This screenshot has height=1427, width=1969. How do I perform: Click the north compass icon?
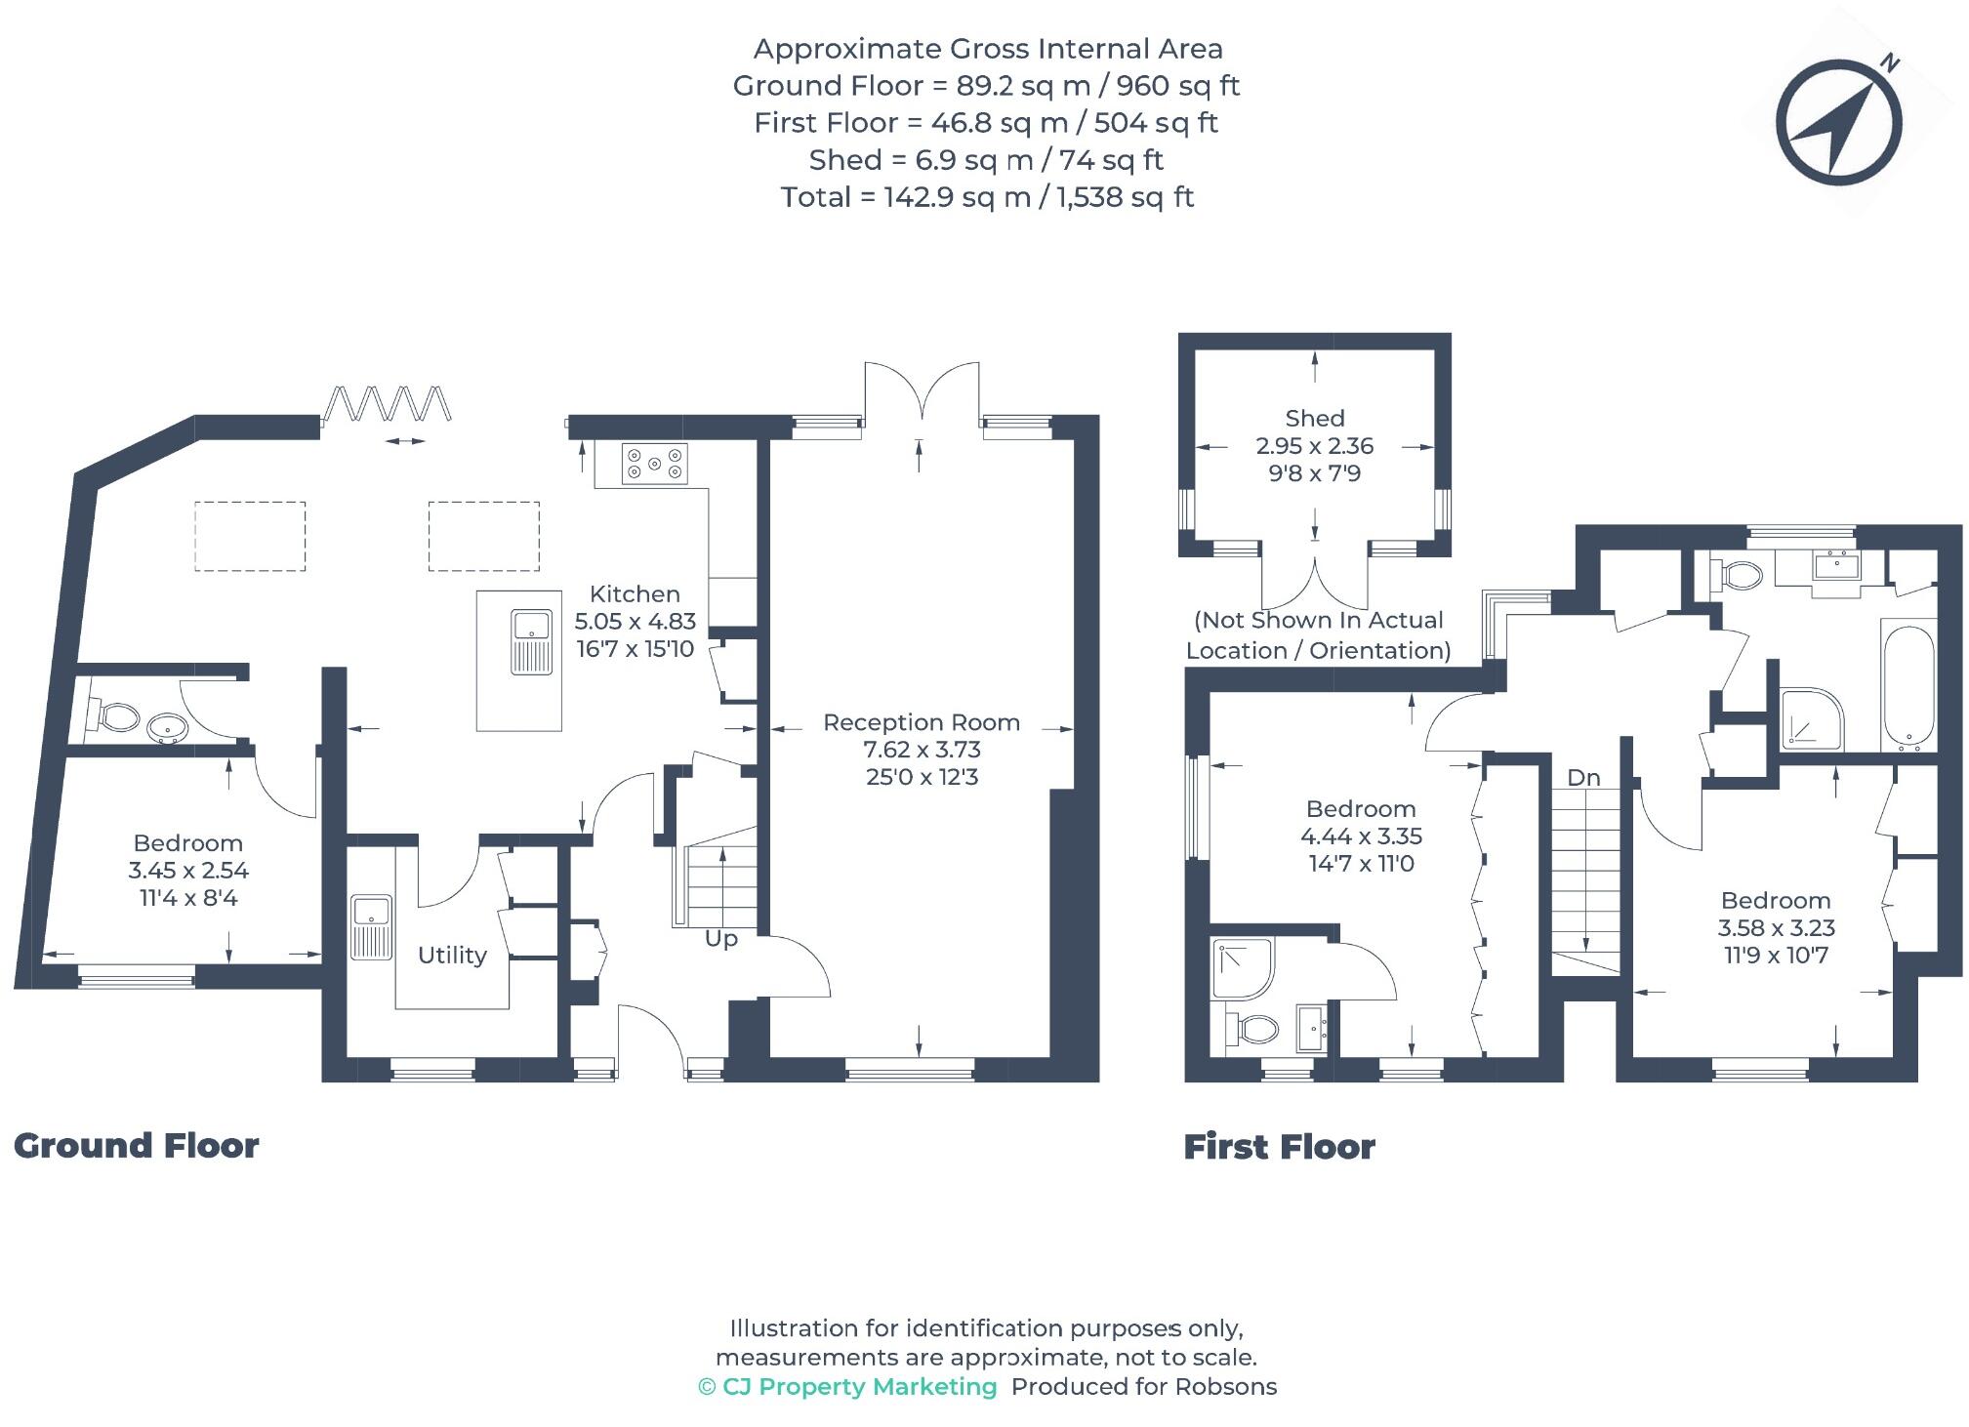coord(1838,123)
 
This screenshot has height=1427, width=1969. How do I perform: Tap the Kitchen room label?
coord(635,593)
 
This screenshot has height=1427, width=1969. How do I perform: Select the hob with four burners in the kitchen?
coord(655,464)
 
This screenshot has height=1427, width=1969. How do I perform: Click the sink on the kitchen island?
coord(531,641)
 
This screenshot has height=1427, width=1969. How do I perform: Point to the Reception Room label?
coord(921,722)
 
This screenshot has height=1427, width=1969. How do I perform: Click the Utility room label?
coord(452,955)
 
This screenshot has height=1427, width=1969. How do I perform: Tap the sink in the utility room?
coord(371,926)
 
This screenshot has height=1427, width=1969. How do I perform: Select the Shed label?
coord(1314,419)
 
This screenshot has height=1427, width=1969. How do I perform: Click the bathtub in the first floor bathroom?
coord(1907,686)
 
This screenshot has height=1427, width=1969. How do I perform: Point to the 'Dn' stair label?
coord(1583,778)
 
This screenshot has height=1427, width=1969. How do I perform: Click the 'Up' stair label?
coord(720,939)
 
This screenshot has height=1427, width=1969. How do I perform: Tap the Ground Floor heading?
coord(137,1145)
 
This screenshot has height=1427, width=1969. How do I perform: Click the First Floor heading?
coord(1279,1146)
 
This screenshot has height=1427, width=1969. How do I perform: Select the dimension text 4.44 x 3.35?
coord(1361,836)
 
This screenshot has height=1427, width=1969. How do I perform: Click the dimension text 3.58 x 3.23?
coord(1775,928)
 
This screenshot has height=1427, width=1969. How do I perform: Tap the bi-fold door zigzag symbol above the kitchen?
coord(388,402)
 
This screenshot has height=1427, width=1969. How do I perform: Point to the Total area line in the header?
coord(986,197)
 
